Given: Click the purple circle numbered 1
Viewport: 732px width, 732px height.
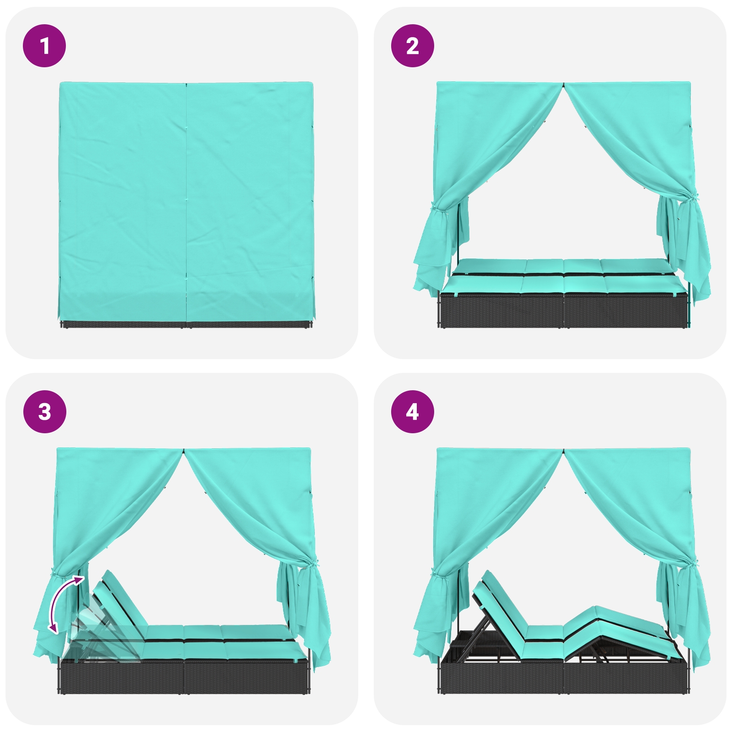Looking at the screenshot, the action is point(44,46).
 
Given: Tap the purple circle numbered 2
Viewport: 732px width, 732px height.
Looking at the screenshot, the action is point(412,46).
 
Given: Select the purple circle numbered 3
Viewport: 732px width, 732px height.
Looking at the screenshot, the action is point(44,412).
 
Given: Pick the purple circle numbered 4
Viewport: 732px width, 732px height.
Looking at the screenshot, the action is point(412,412).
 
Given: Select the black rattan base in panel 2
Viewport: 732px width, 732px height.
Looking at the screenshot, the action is point(563,310).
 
